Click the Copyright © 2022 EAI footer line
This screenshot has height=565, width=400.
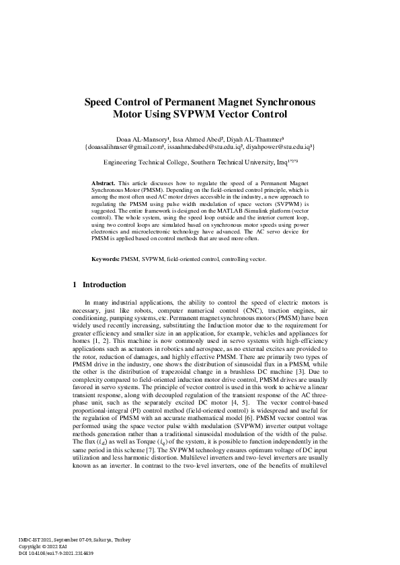45,546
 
